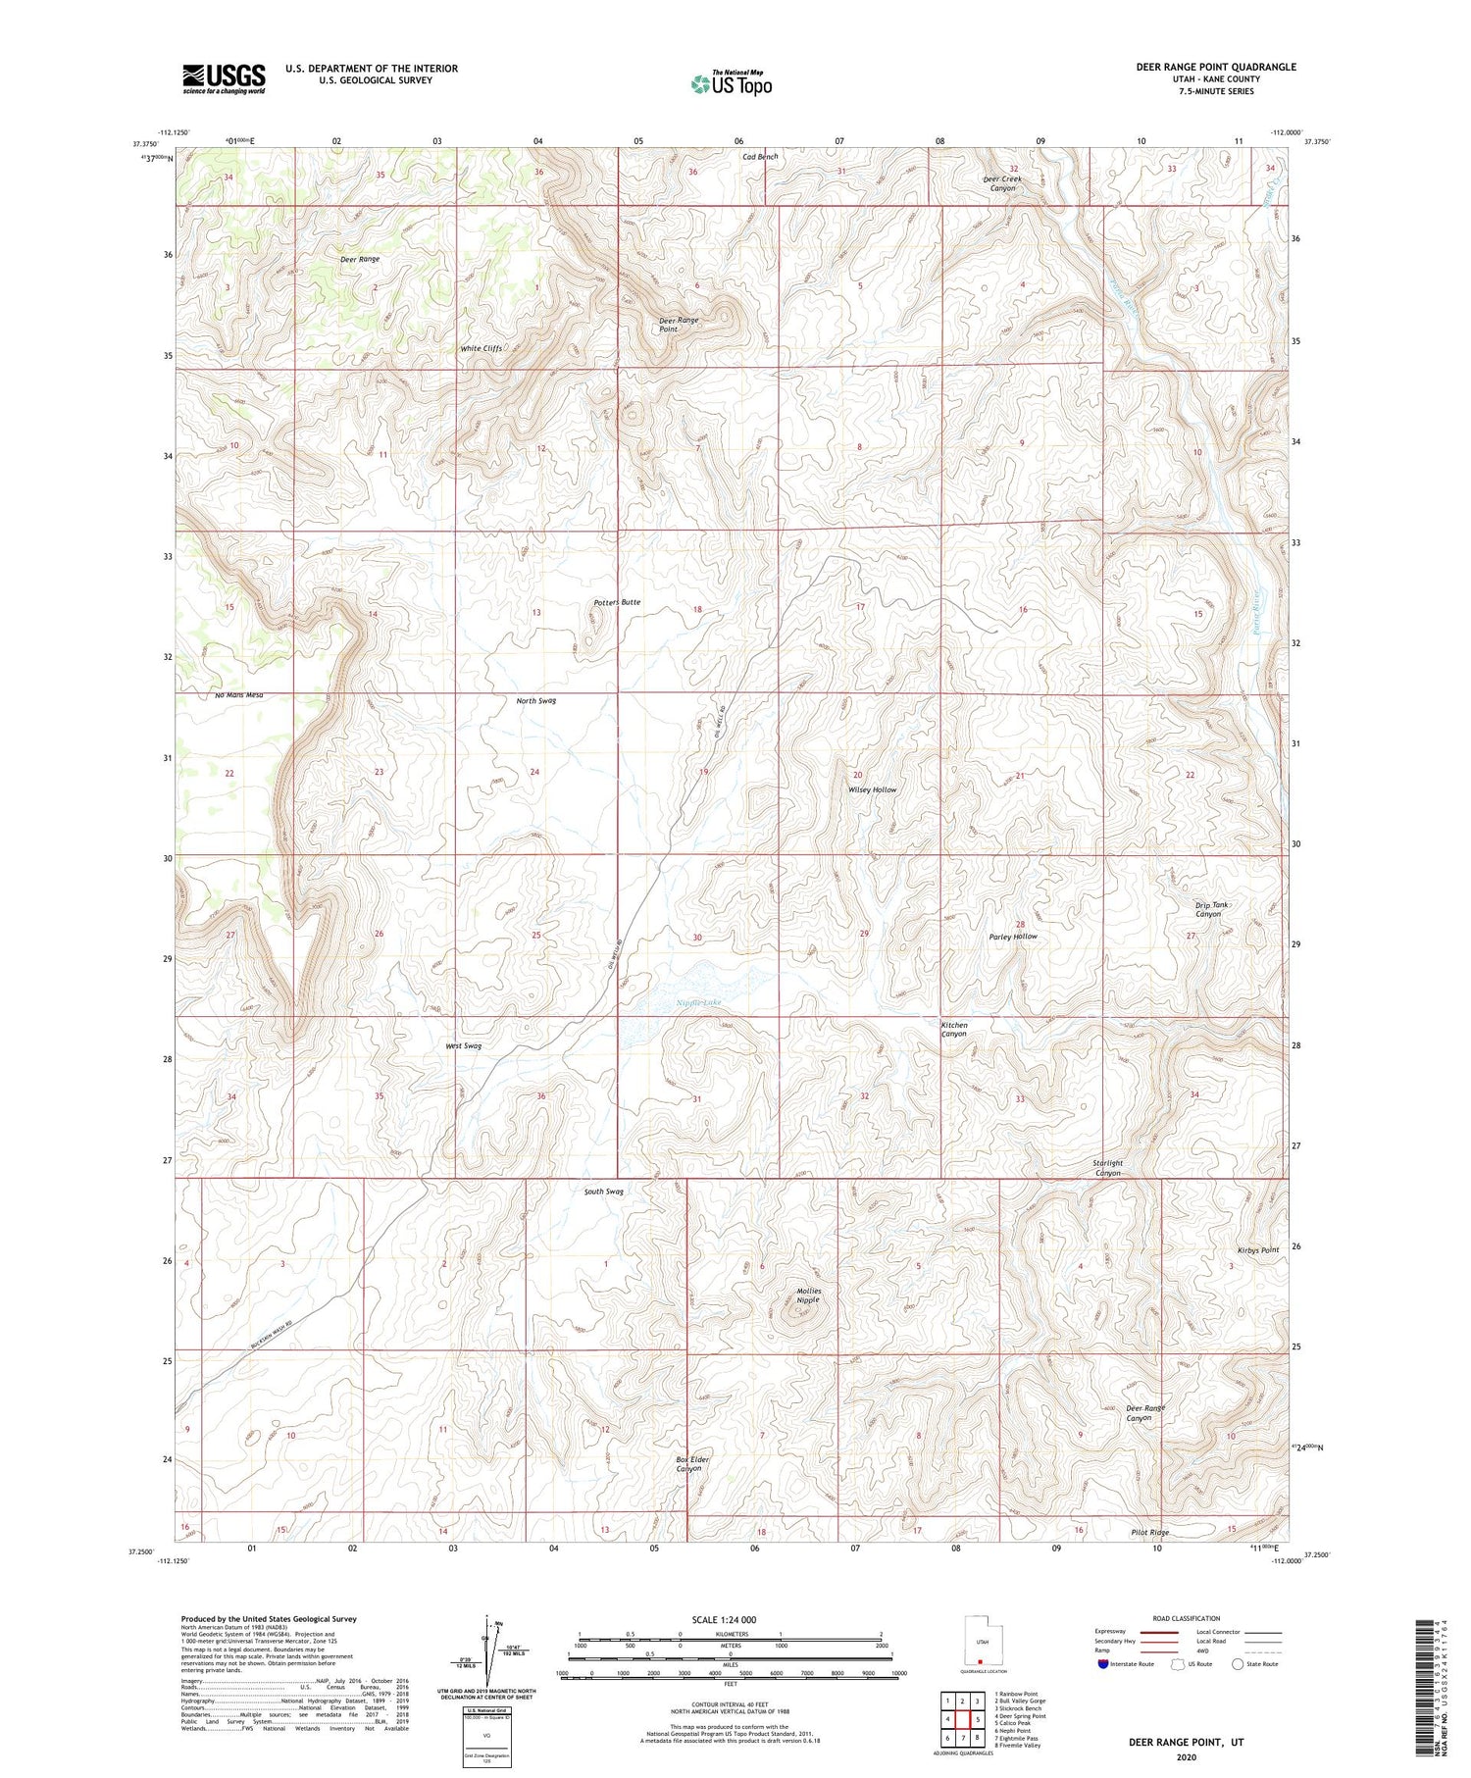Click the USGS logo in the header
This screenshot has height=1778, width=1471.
point(224,78)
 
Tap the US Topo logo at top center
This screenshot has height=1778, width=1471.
point(731,83)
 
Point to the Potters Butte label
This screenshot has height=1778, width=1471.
point(617,602)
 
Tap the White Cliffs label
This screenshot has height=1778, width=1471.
point(482,349)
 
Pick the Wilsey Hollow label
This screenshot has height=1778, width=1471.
point(872,789)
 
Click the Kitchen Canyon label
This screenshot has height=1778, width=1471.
point(954,1030)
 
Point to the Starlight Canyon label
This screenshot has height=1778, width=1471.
point(1107,1168)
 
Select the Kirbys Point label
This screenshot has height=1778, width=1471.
point(1257,1250)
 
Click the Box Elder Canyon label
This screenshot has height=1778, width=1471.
point(691,1464)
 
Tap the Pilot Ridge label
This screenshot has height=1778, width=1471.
point(1148,1532)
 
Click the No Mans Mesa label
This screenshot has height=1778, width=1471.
point(239,695)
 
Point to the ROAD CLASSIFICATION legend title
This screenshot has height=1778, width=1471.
point(1186,1618)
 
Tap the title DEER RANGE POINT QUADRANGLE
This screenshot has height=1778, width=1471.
point(1215,67)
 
